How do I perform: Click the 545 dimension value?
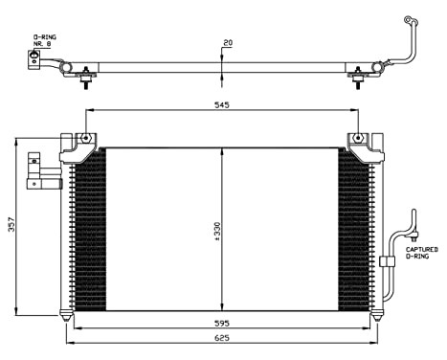220,106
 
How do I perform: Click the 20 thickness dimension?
227,43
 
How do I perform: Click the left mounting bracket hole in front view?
86,139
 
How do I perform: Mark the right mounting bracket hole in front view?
359,139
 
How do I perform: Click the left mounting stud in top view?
86,79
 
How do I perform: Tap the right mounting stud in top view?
360,79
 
